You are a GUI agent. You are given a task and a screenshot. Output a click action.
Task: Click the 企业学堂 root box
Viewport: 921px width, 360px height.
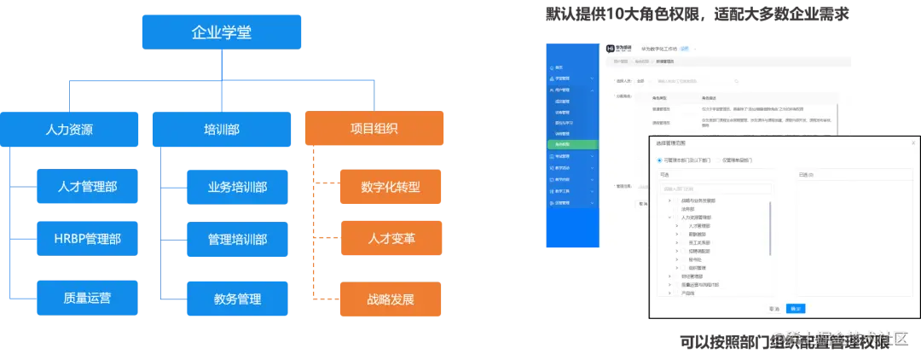point(221,33)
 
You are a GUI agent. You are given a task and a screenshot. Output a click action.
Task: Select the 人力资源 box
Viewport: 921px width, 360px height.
point(69,130)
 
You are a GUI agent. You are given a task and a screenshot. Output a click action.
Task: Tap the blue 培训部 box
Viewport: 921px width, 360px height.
point(221,130)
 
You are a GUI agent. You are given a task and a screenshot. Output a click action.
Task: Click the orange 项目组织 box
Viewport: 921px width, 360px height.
point(374,129)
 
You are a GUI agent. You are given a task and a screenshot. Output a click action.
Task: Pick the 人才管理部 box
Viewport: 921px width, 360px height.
point(87,186)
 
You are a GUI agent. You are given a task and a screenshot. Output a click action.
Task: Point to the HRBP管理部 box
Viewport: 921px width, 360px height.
point(87,238)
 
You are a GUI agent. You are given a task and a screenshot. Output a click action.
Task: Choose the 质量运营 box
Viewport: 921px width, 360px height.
point(87,299)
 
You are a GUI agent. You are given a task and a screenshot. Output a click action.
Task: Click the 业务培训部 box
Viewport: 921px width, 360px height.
point(237,186)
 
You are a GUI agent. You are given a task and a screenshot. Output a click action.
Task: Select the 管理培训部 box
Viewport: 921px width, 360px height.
point(237,238)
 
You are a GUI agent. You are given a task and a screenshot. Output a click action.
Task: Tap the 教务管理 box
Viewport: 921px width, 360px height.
point(237,299)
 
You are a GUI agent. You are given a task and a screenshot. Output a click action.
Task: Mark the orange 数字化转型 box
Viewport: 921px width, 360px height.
point(391,186)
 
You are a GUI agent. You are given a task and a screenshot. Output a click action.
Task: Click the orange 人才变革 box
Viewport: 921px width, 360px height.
point(391,238)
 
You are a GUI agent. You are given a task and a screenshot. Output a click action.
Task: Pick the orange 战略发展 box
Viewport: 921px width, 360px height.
point(391,299)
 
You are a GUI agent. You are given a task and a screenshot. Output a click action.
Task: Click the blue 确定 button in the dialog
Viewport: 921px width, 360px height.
point(795,309)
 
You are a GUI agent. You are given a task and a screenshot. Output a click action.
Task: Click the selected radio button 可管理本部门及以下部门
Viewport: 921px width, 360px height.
point(658,160)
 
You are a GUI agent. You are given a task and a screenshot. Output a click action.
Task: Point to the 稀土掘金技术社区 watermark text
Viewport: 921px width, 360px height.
point(844,339)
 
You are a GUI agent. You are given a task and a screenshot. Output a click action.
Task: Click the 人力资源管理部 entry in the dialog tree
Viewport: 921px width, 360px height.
point(698,218)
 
